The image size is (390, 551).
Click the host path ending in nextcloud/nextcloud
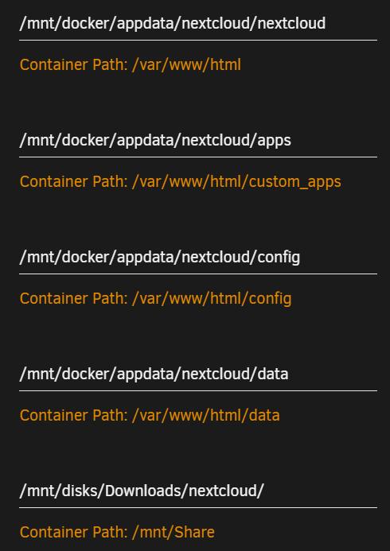pyautogui.click(x=173, y=24)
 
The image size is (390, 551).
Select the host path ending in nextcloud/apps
pyautogui.click(x=155, y=141)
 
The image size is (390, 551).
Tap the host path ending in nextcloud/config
pyautogui.click(x=160, y=258)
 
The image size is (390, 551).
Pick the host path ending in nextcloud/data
pyautogui.click(x=154, y=374)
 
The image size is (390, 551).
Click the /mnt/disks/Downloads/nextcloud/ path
pyautogui.click(x=142, y=491)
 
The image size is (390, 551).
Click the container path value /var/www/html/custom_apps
pyautogui.click(x=236, y=182)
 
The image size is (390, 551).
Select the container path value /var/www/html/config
pyautogui.click(x=212, y=299)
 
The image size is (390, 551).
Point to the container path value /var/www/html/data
pyautogui.click(x=205, y=415)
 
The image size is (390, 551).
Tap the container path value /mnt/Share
pyautogui.click(x=173, y=532)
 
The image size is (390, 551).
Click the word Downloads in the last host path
pyautogui.click(x=142, y=491)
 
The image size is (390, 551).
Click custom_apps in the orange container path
pyautogui.click(x=295, y=182)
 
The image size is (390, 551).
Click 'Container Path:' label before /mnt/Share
pyautogui.click(x=74, y=532)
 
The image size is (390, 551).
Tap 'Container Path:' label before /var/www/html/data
pyautogui.click(x=74, y=415)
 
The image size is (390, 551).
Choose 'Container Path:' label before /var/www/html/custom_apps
pyautogui.click(x=74, y=182)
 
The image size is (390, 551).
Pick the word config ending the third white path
pyautogui.click(x=279, y=258)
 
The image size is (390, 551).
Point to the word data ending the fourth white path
pyautogui.click(x=273, y=374)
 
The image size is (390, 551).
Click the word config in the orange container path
pyautogui.click(x=270, y=299)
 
